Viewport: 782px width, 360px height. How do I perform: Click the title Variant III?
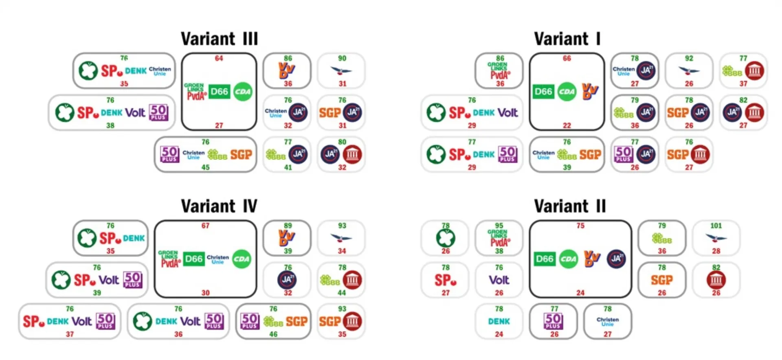point(219,39)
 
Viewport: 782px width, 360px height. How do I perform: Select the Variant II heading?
point(570,206)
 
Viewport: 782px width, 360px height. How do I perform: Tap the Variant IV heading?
point(219,206)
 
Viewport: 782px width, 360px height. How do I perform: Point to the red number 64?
point(219,58)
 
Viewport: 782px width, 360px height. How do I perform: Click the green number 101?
point(716,226)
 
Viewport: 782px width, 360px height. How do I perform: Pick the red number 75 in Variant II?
point(580,226)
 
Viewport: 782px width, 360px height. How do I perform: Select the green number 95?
point(499,226)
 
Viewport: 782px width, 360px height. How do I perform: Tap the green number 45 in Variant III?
point(206,167)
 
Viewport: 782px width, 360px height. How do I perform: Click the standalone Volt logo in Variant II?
point(499,280)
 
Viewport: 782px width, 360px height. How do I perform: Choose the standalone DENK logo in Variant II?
point(499,322)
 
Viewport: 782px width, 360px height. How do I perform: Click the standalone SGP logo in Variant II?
point(662,280)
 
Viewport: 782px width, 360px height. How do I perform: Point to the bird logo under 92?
point(689,71)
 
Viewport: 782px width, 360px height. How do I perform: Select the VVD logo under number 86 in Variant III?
point(287,71)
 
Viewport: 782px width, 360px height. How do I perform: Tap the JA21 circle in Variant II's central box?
point(616,259)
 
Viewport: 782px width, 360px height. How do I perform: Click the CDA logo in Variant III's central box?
point(243,92)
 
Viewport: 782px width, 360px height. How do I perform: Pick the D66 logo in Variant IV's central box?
point(193,259)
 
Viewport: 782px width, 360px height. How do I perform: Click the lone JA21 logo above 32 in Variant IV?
point(287,280)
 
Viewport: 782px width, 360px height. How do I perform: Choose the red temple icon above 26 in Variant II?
point(716,280)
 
